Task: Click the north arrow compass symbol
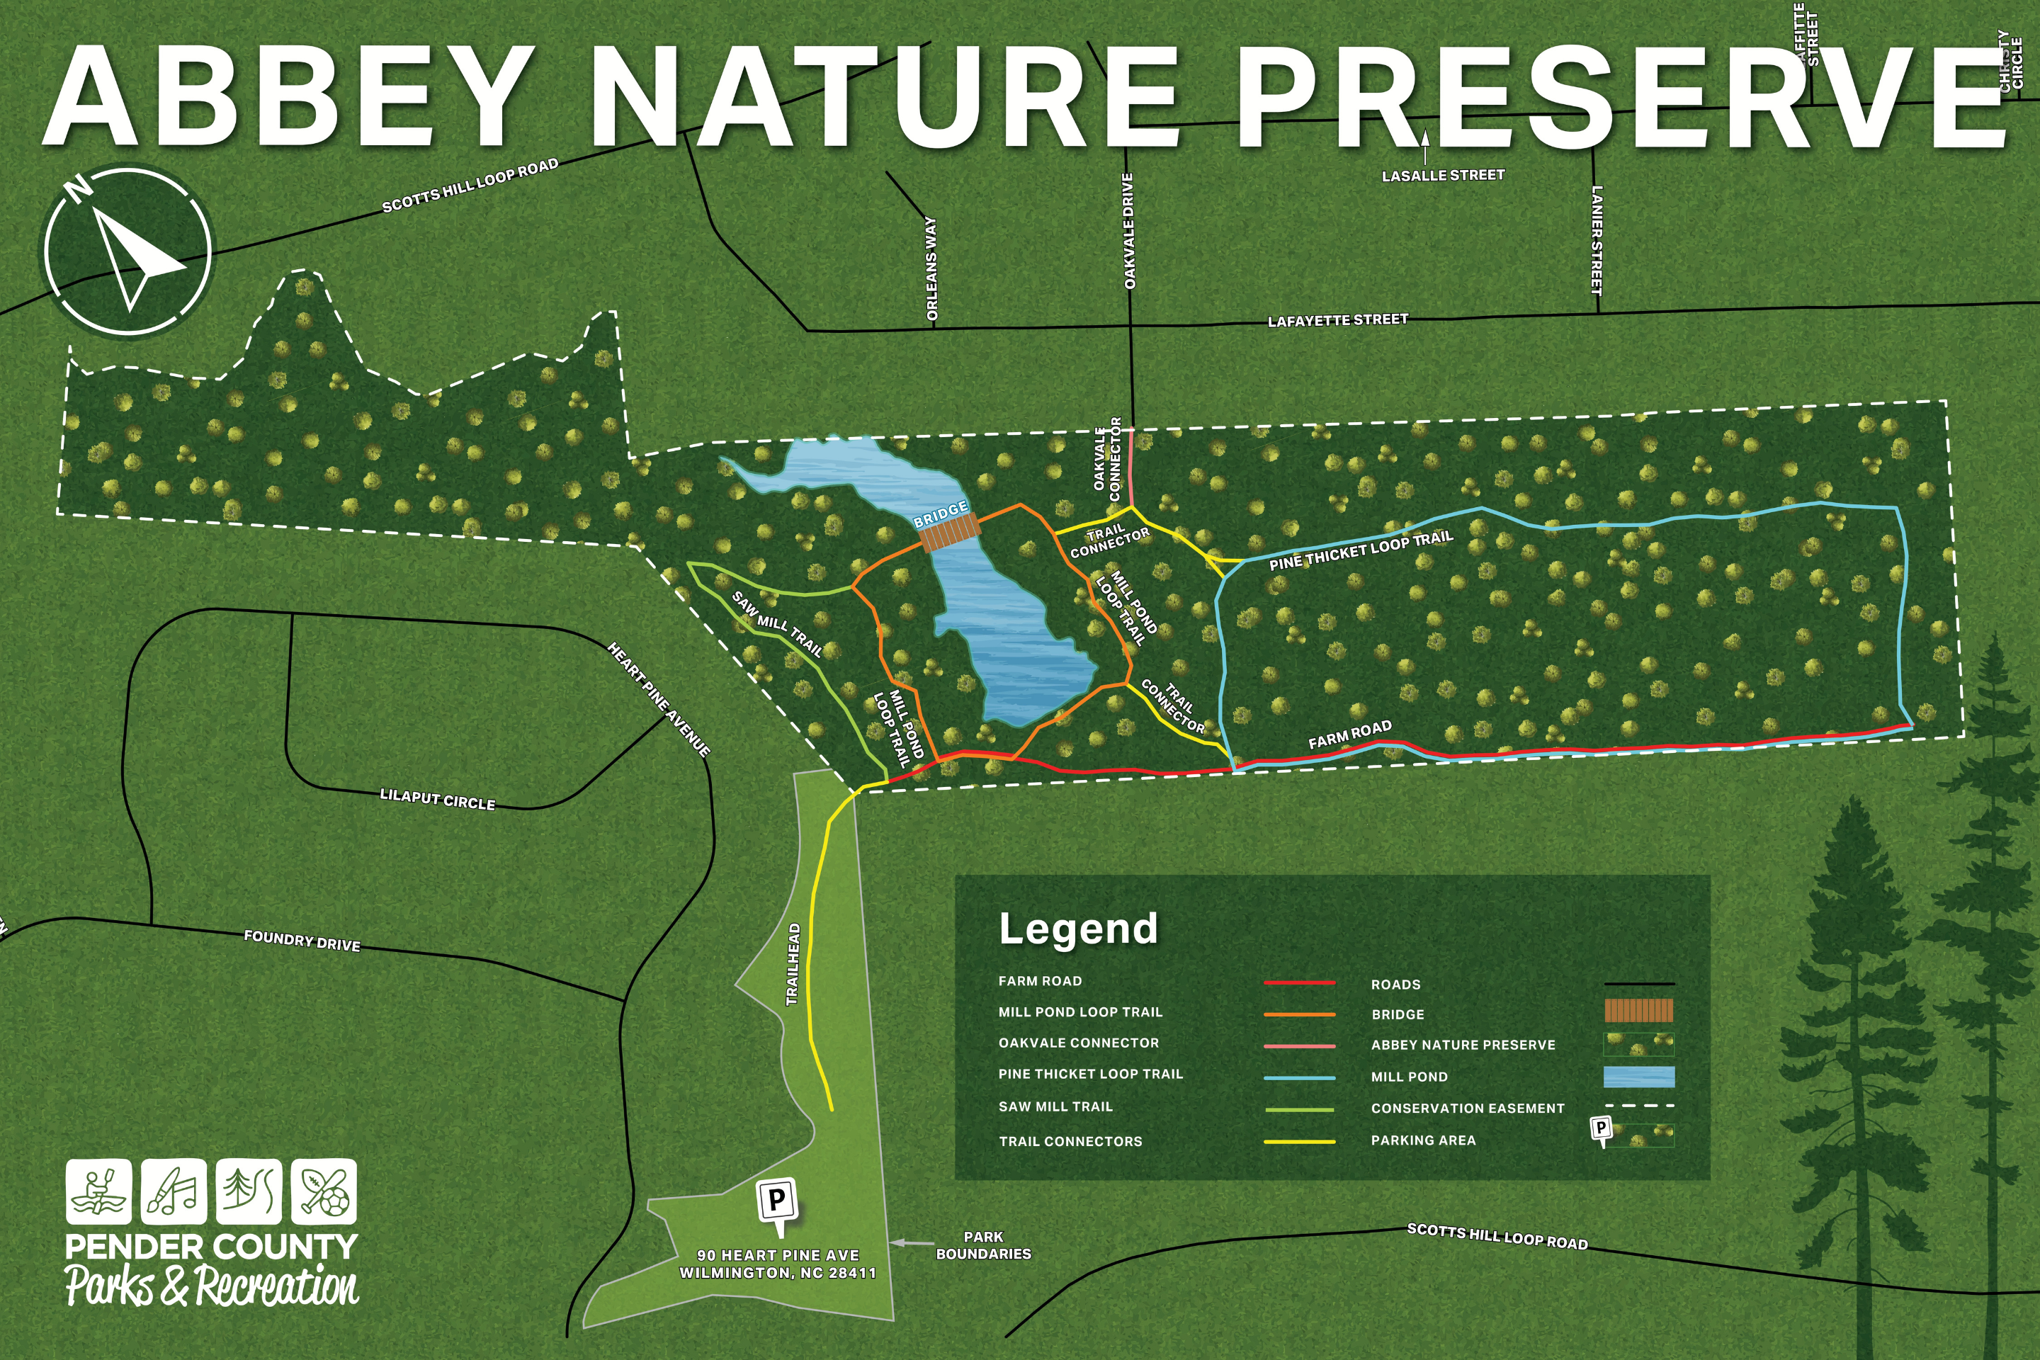pos(127,251)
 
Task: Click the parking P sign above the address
pos(777,1203)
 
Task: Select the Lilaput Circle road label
pos(437,799)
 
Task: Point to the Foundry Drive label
pos(302,941)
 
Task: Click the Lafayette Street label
pos(1337,320)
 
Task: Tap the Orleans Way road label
pos(931,269)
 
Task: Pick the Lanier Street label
pos(1597,239)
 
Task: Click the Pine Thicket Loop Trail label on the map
pos(1360,550)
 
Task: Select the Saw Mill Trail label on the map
pos(777,623)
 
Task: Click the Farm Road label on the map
pos(1349,735)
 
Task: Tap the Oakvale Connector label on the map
pos(1108,459)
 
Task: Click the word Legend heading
pos(1078,929)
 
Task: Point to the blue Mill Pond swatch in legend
pos(1638,1077)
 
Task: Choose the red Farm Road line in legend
pos(1298,982)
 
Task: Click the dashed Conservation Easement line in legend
pos(1638,1106)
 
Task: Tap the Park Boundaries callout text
pos(982,1245)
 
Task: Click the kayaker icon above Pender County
pos(99,1191)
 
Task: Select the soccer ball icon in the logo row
pos(324,1191)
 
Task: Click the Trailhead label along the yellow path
pos(792,965)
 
